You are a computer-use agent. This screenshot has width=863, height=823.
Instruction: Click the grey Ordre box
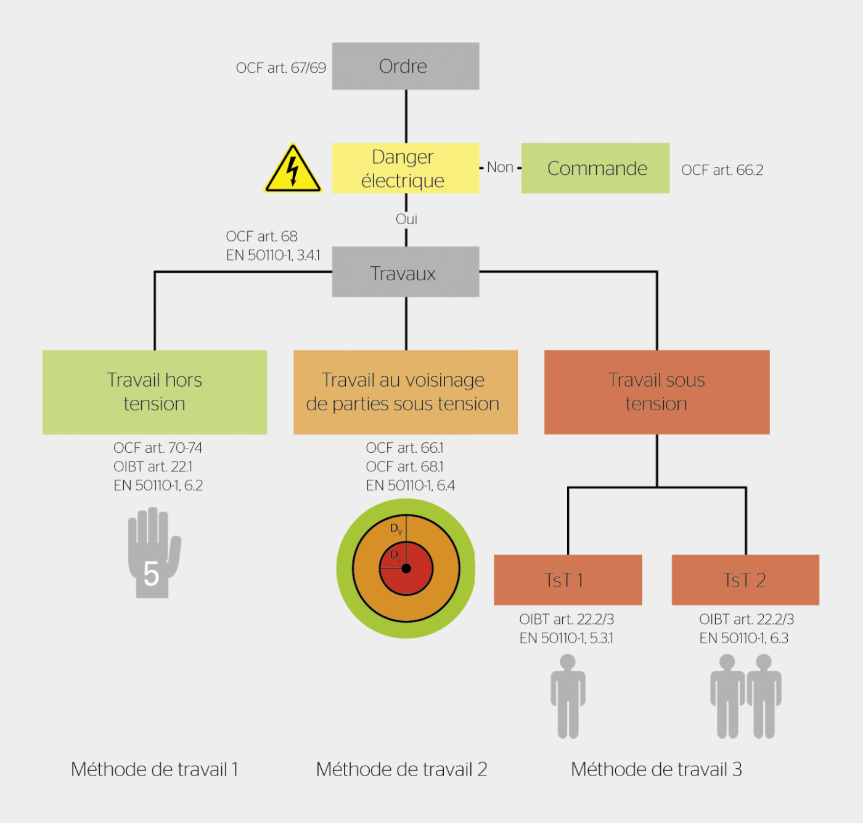click(x=405, y=66)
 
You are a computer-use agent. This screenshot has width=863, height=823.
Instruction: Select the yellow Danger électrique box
click(x=405, y=168)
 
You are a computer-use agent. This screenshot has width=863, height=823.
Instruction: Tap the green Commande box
click(x=595, y=168)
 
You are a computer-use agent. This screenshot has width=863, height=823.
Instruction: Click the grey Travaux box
click(x=405, y=272)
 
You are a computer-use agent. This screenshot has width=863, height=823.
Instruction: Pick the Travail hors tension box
click(x=154, y=392)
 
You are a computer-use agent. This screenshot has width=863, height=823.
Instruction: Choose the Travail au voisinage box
click(x=405, y=392)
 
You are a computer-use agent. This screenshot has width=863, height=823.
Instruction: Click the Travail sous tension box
click(x=656, y=392)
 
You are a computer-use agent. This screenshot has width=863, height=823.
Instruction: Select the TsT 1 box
click(x=567, y=580)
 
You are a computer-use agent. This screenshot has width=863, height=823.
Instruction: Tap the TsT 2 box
click(x=745, y=580)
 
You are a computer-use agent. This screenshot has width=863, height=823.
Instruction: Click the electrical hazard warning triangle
click(x=293, y=170)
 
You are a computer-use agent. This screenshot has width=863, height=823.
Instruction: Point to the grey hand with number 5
click(x=153, y=553)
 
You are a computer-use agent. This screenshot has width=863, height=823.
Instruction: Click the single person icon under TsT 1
click(x=568, y=696)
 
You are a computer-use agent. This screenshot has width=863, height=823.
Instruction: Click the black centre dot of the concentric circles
click(x=406, y=569)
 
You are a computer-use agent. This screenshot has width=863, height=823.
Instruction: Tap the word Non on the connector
click(x=500, y=168)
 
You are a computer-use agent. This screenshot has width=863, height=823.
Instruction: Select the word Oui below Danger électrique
click(x=406, y=219)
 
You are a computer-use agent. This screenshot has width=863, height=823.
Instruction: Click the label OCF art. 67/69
click(x=281, y=68)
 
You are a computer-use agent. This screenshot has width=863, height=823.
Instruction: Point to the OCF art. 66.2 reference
click(x=722, y=170)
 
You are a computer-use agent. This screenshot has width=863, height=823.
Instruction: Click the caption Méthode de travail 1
click(x=154, y=769)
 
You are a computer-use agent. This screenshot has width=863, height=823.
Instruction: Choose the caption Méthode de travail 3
click(x=656, y=769)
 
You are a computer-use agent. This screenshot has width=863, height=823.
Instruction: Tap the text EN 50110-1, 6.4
click(x=410, y=485)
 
